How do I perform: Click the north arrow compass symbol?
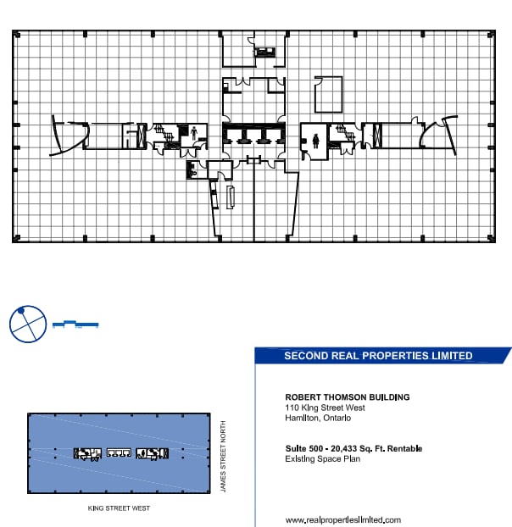tap(25, 324)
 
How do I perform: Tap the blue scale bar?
tap(75, 324)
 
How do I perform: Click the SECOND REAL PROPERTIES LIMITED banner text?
tap(378, 356)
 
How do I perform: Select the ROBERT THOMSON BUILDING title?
tap(348, 397)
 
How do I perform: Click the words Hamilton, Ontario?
tap(319, 418)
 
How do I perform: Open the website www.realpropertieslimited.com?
tap(342, 519)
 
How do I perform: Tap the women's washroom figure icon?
tap(315, 140)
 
